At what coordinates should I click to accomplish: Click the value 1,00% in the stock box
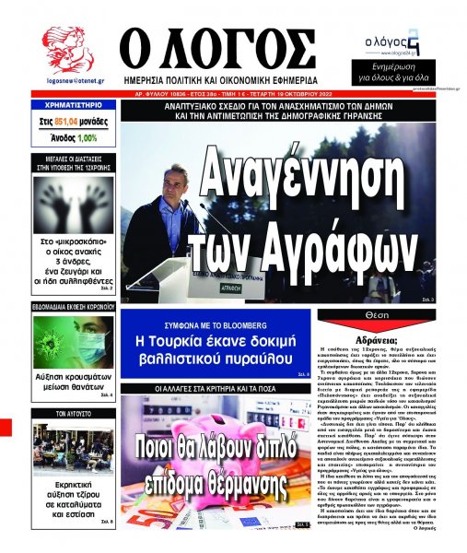click(87, 137)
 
